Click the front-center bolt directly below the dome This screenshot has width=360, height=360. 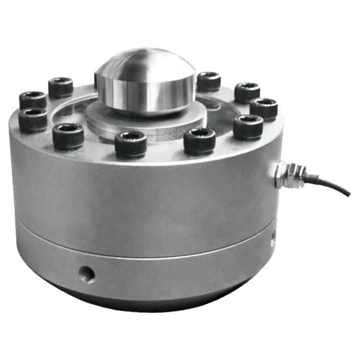click(x=131, y=143)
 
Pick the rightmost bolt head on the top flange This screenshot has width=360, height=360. click(x=263, y=108)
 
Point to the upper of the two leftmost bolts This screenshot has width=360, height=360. click(x=33, y=100)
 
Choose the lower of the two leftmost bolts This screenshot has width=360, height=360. click(x=33, y=119)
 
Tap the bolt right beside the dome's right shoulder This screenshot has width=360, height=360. click(x=209, y=82)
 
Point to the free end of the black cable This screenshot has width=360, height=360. click(x=347, y=194)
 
